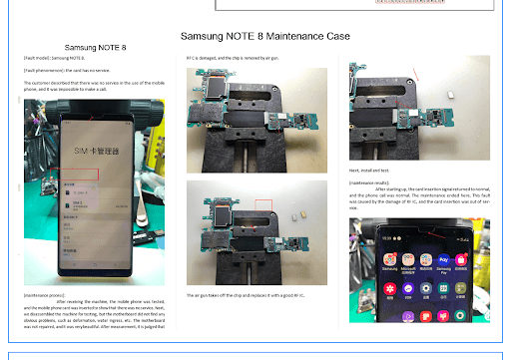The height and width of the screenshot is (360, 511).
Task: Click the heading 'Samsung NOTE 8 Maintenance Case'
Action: pos(264,37)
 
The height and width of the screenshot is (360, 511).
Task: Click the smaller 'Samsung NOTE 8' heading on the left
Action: pos(96,48)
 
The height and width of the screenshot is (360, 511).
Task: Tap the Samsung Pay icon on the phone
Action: pos(442,260)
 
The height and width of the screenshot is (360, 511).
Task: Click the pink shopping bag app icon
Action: pos(462,260)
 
